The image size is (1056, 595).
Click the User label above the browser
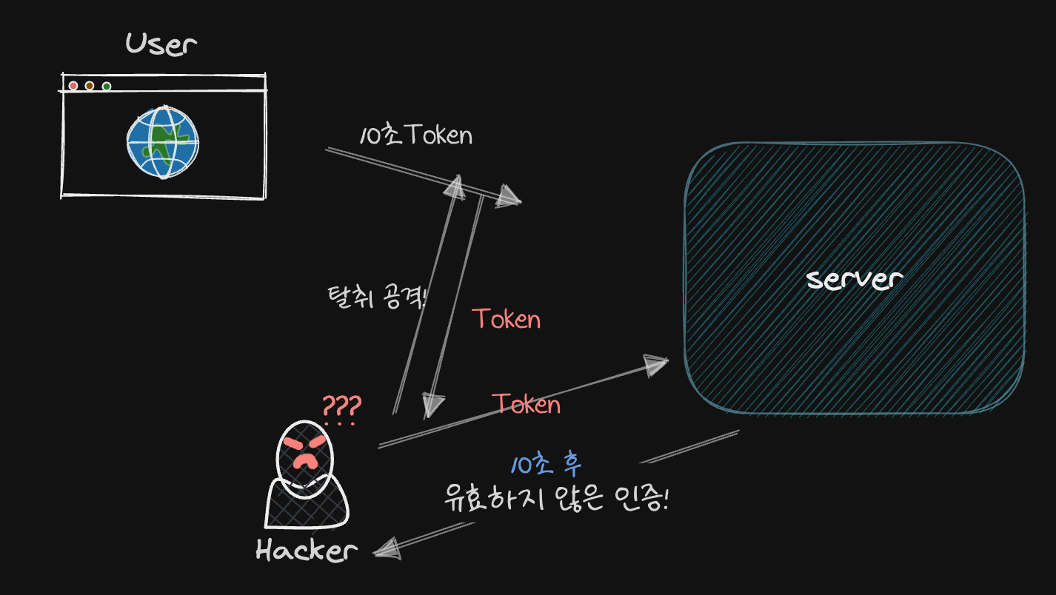coord(161,44)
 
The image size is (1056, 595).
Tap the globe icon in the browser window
coord(162,143)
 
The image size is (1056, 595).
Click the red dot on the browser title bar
coord(73,86)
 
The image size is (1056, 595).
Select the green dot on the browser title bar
coord(107,87)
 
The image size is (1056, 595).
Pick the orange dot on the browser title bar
coord(90,86)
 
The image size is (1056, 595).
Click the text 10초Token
coord(415,135)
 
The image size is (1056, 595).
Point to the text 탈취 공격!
coord(376,297)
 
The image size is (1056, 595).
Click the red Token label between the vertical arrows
coord(507,319)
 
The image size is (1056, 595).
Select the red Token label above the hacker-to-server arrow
coord(526,404)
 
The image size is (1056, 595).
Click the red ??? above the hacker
coord(341,407)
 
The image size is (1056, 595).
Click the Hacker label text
coord(307,551)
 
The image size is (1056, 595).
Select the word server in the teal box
coord(855,280)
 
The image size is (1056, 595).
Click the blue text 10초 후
coord(547,465)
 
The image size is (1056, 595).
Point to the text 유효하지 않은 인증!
coord(556,500)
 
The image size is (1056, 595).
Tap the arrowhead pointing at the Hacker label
coord(387,548)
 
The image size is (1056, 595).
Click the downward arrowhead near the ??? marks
coord(433,406)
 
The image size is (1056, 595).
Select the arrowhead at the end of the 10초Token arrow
coord(509,197)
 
